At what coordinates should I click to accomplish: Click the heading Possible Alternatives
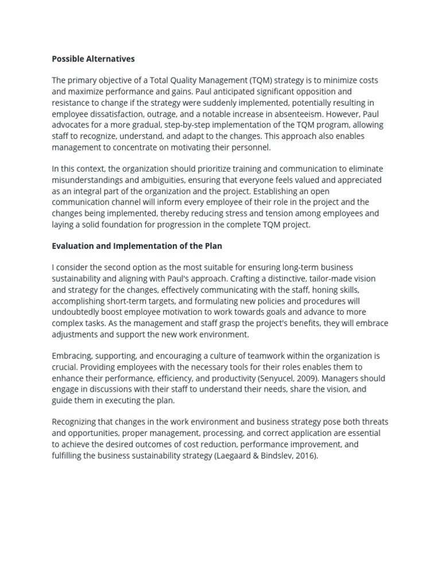point(93,59)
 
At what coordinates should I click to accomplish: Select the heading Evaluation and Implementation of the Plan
point(137,246)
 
